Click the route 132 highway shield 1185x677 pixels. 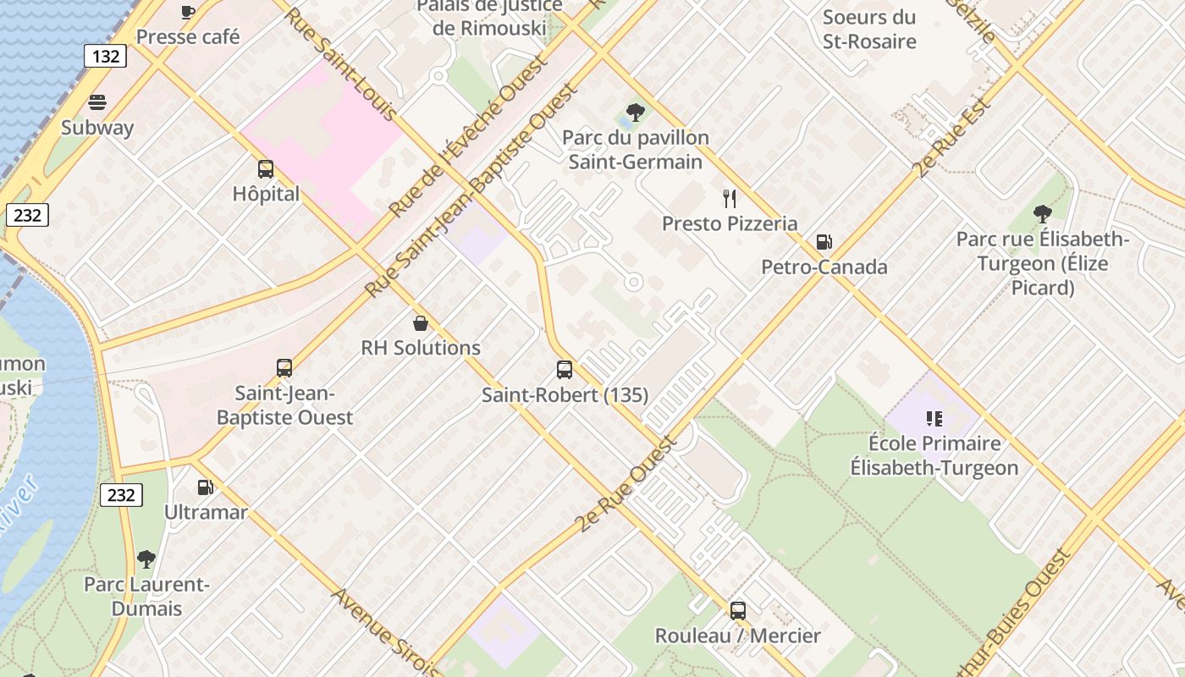[106, 57]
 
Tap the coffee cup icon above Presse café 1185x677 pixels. [188, 12]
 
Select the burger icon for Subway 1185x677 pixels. [97, 102]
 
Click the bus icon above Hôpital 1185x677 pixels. [266, 168]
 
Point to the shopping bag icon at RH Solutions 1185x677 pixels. [420, 322]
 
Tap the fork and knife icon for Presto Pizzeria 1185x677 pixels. [730, 199]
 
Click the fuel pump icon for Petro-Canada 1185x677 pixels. [824, 242]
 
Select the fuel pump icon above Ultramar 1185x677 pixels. [205, 487]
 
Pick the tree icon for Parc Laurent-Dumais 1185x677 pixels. [146, 559]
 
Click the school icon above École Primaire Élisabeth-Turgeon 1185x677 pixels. [934, 418]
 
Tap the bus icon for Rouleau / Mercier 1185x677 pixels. [738, 610]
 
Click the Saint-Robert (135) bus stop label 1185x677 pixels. [565, 395]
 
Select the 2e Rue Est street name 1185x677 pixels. [952, 139]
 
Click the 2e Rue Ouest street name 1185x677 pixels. [627, 485]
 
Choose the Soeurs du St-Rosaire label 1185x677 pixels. [869, 29]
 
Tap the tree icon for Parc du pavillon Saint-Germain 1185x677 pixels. [635, 112]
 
